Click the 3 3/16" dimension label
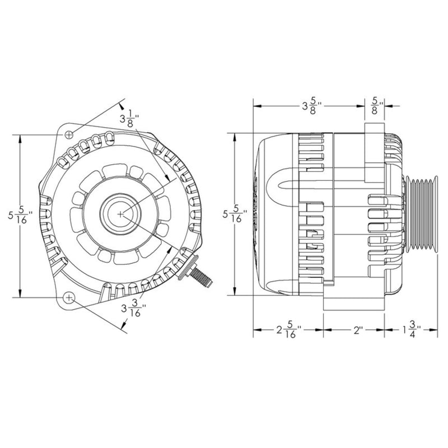pyautogui.click(x=134, y=309)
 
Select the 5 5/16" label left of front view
pyautogui.click(x=21, y=215)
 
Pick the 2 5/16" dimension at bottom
pyautogui.click(x=289, y=330)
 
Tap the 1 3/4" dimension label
pyautogui.click(x=412, y=330)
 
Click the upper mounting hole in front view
pyautogui.click(x=69, y=134)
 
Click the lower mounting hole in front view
pyautogui.click(x=69, y=297)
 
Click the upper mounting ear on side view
pyautogui.click(x=374, y=151)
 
